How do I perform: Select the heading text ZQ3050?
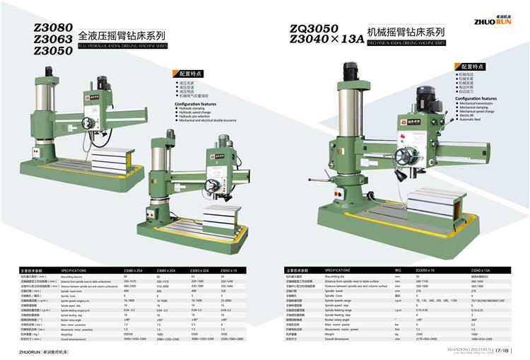(x=314, y=28)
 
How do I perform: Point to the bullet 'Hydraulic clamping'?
(x=196, y=108)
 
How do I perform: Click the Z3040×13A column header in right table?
(x=480, y=270)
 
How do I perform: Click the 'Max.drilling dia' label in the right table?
(x=338, y=277)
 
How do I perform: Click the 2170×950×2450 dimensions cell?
(x=428, y=339)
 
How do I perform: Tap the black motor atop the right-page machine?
(x=351, y=71)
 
